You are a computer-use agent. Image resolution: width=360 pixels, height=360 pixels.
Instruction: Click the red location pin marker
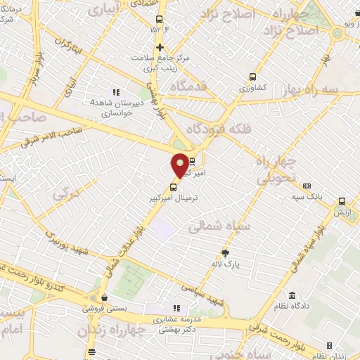click(x=181, y=165)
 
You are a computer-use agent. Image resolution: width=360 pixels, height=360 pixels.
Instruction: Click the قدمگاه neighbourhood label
click(x=186, y=86)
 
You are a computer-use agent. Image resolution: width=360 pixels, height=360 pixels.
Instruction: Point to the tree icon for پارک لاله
click(x=226, y=253)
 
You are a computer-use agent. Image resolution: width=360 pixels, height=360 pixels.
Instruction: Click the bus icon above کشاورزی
click(x=253, y=77)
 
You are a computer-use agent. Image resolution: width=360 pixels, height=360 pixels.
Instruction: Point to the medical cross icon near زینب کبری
click(x=160, y=47)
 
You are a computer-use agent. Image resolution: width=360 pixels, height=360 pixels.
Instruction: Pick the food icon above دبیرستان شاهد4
click(x=117, y=92)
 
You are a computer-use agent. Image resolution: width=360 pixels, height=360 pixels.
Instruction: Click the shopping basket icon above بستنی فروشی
click(x=104, y=297)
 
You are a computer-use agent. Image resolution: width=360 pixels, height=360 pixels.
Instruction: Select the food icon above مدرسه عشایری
click(x=176, y=308)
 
